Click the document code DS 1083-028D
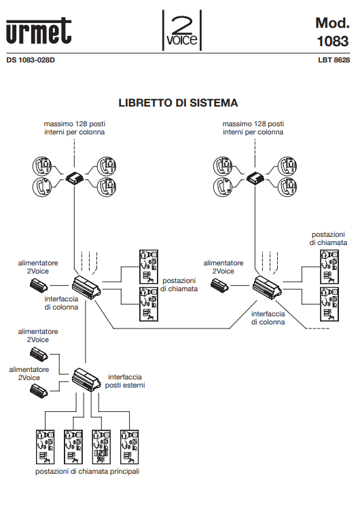pyautogui.click(x=31, y=60)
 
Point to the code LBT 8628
pyautogui.click(x=334, y=60)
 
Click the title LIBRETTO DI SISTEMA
pyautogui.click(x=179, y=103)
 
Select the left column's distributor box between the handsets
pyautogui.click(x=74, y=179)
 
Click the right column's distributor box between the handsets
pyautogui.click(x=255, y=179)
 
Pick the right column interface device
pyautogui.click(x=269, y=286)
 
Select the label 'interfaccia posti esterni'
pyautogui.click(x=125, y=381)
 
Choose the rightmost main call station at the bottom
pyautogui.click(x=126, y=446)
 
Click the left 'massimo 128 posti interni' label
pyautogui.click(x=75, y=128)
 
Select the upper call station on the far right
pyautogui.click(x=329, y=265)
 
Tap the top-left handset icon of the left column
pyautogui.click(x=42, y=165)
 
